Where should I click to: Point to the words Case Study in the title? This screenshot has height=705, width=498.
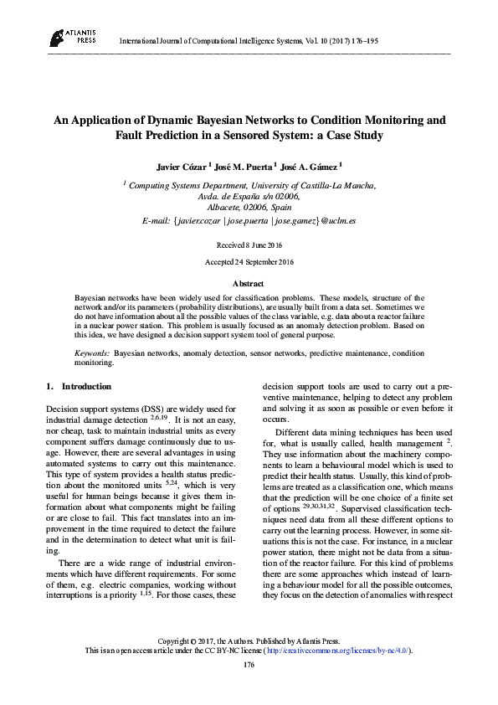pos(357,135)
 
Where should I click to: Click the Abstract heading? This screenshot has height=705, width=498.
pos(248,284)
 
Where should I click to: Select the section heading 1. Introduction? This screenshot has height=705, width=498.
pos(77,386)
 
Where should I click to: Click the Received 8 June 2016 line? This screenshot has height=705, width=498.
pos(249,244)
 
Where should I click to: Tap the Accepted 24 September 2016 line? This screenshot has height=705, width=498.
pos(249,262)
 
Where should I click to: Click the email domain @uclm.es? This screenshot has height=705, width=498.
pos(338,220)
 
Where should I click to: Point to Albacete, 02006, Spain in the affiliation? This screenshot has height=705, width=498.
pos(249,206)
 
